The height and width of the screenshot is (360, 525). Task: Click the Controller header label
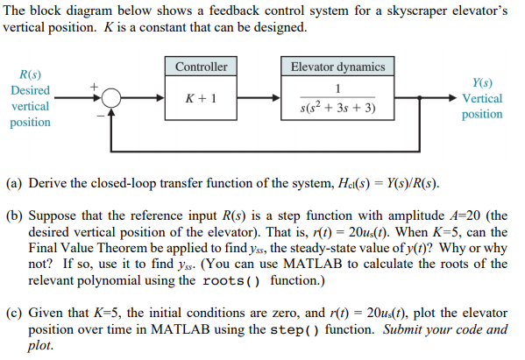coord(201,67)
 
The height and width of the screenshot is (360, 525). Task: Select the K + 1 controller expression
coord(201,99)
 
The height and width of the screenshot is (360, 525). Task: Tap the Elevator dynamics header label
coord(337,67)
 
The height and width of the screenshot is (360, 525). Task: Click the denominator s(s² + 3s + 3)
coord(337,109)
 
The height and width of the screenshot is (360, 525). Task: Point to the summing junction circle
coord(110,99)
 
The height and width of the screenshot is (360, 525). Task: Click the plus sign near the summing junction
coord(88,86)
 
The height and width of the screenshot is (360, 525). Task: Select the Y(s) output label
coord(482,82)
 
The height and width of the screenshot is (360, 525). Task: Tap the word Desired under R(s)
coord(30,91)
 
